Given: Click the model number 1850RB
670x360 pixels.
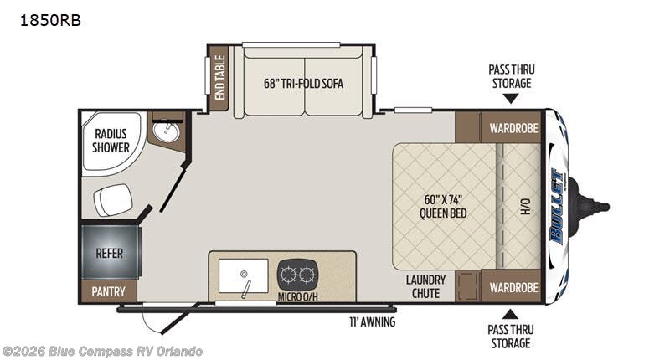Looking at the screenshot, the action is pos(50,20).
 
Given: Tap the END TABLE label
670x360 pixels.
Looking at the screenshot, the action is pos(219,77).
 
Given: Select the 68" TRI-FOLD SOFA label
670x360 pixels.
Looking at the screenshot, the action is pos(303,83).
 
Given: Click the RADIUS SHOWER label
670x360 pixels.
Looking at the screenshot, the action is pos(111,141).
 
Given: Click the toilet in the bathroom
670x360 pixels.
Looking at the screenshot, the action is pos(113,199).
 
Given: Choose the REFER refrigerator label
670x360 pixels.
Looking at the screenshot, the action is pos(110,253).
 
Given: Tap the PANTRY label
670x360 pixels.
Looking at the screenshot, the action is pos(109,291).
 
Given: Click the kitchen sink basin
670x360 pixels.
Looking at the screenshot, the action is pos(243,275).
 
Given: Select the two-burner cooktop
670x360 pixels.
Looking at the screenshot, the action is pos(298,274).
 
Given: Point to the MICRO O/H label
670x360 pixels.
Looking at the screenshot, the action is pos(298,296).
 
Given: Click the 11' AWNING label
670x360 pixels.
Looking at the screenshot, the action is pos(372,321).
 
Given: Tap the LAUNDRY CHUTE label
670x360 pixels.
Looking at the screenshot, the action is pos(425,286).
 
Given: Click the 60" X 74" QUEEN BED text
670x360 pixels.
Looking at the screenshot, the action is pos(443,206).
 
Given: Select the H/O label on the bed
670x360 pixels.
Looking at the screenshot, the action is pos(526,206).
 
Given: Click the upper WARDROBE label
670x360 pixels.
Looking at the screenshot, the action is pos(513,128).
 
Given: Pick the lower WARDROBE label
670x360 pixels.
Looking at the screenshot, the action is pos(513,287).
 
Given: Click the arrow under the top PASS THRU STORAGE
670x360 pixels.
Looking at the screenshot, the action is pos(511,99).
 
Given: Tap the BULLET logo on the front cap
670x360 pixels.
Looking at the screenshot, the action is pos(558,207).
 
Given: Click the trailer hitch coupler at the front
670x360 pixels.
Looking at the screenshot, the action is pos(592,207).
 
